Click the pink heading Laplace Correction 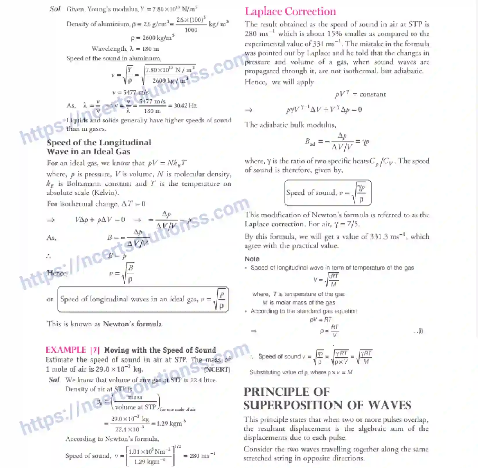click(x=290, y=11)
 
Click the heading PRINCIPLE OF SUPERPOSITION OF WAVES click(x=327, y=399)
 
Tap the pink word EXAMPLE click(x=66, y=350)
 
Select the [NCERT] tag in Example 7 click(x=217, y=369)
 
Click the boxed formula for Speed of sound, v click(x=327, y=193)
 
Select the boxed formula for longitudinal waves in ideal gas click(x=143, y=299)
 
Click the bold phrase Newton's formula click(x=133, y=324)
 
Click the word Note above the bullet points click(x=252, y=259)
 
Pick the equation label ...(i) click(x=418, y=331)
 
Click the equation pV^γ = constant click(x=360, y=94)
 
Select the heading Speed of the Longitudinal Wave click(x=99, y=147)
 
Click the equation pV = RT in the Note click(x=321, y=320)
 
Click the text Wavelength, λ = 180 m click(x=125, y=49)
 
